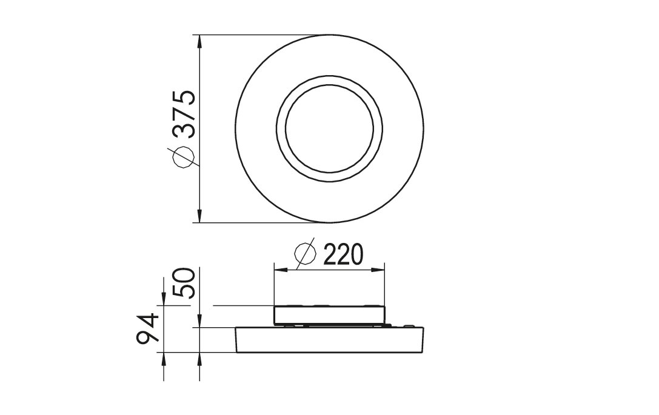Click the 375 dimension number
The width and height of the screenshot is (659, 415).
click(184, 114)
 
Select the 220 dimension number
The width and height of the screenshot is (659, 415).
click(343, 254)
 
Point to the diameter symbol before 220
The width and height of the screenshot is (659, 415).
click(305, 253)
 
